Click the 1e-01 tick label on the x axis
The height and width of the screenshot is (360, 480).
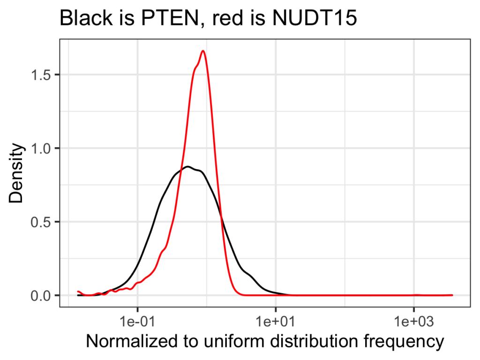click(x=138, y=323)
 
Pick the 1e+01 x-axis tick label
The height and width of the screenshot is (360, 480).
click(x=276, y=323)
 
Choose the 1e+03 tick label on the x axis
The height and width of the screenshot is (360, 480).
click(x=413, y=323)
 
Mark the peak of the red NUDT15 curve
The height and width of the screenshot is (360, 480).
click(x=203, y=51)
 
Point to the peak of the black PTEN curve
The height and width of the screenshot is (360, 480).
click(x=187, y=166)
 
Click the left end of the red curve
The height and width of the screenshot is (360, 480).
click(x=78, y=292)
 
